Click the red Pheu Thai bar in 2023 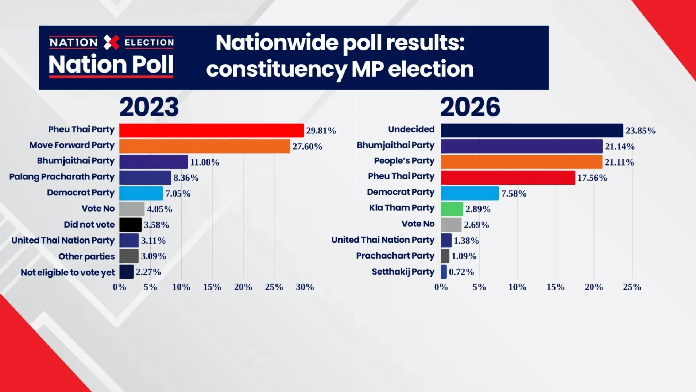[211, 130]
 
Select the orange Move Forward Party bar [205, 146]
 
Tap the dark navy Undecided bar [532, 130]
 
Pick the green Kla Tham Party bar [452, 209]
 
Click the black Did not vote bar [130, 224]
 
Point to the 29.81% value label [321, 131]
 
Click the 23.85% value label [640, 131]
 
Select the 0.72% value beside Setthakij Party [461, 272]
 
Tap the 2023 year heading [149, 107]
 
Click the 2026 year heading [470, 107]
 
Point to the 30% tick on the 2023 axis [305, 287]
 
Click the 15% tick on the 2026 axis [555, 287]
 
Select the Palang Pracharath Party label [62, 177]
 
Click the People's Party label [404, 161]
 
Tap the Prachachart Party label [395, 256]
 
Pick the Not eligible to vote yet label [68, 272]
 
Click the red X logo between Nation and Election [111, 43]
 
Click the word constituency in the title [277, 69]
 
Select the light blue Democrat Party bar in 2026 [469, 193]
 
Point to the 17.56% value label [592, 178]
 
